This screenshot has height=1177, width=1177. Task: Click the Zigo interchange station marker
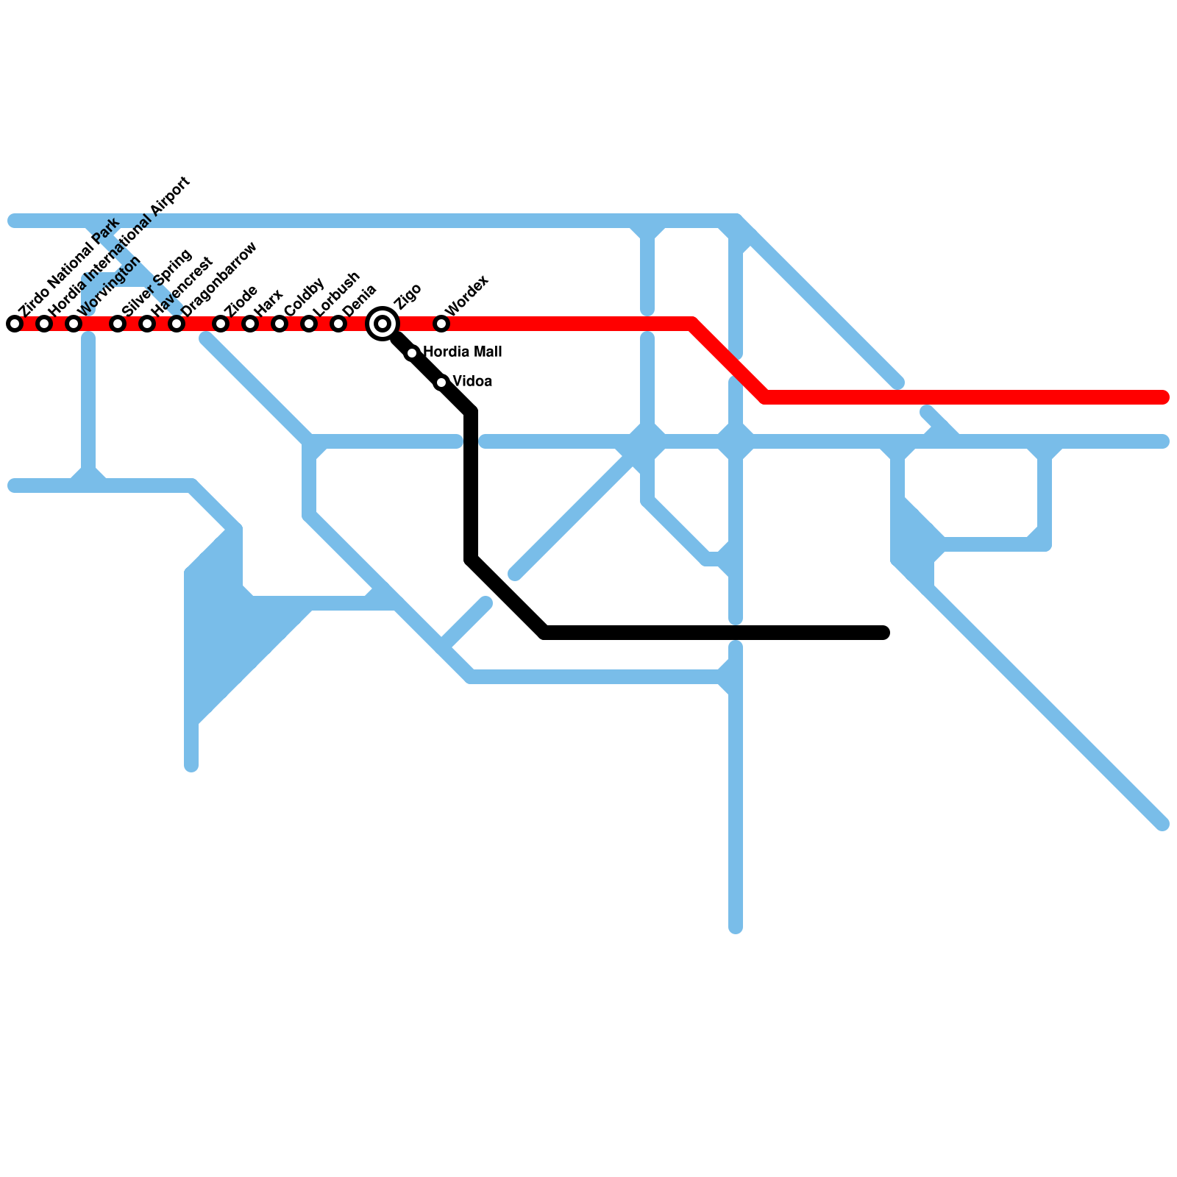pos(383,324)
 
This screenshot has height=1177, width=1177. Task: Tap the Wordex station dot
pos(441,324)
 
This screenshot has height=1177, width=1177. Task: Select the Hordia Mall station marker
pos(412,353)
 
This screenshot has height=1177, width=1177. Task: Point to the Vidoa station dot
pos(441,383)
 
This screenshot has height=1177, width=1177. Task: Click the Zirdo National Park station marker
pos(15,324)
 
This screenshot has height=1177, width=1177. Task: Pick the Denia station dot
pos(338,324)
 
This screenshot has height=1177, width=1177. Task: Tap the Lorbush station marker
pos(309,324)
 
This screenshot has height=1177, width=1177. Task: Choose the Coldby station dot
pos(280,324)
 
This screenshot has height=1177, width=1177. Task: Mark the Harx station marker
pos(250,324)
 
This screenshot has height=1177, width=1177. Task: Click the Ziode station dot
pos(221,324)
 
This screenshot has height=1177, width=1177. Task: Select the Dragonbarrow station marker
pos(177,324)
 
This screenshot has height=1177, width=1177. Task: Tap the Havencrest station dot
pos(147,324)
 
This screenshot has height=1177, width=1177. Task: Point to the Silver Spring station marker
pos(118,324)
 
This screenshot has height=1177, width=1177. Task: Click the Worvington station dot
pos(74,324)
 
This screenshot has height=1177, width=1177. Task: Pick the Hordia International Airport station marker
pos(44,324)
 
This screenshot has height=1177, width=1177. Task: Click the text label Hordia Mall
pos(463,352)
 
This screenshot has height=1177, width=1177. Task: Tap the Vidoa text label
pos(472,382)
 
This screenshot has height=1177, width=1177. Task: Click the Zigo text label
pos(408,296)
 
